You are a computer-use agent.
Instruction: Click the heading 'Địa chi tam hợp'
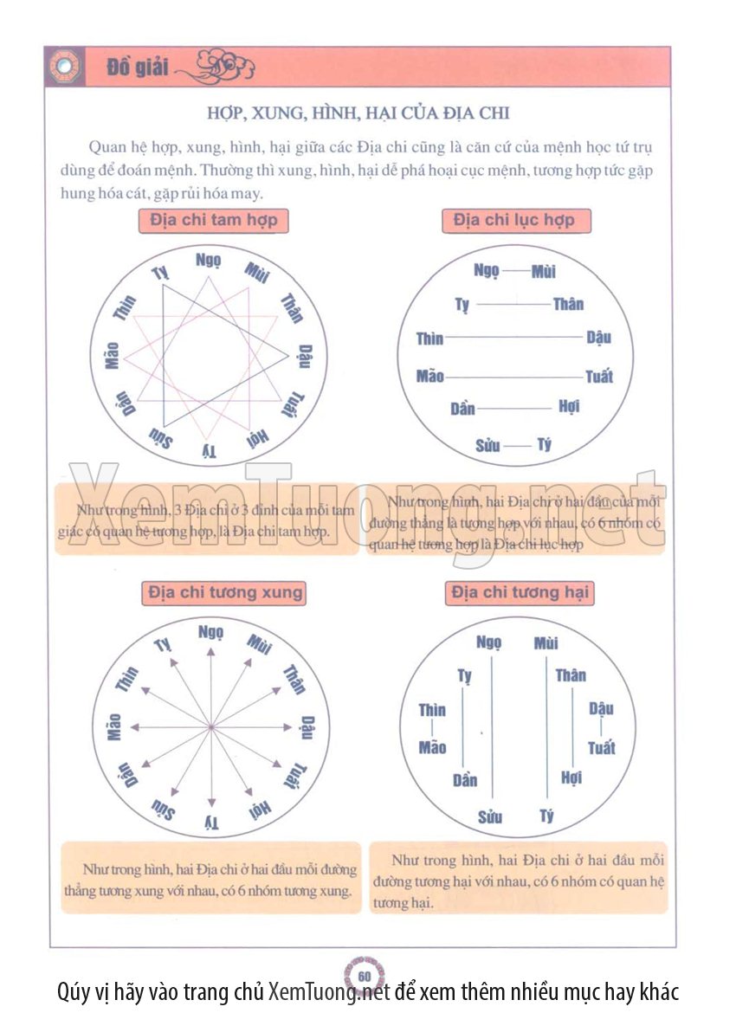[x=214, y=220]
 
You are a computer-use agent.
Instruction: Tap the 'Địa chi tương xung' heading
[x=225, y=593]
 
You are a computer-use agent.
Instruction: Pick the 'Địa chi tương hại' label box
[x=520, y=593]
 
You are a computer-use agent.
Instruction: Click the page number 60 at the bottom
[x=365, y=976]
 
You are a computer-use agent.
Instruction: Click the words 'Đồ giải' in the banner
[x=139, y=68]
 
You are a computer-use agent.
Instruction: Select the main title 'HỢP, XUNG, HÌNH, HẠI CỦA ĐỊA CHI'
[x=358, y=113]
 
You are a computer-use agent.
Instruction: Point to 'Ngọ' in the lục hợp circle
[x=487, y=271]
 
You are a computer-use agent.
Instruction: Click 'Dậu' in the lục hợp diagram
[x=598, y=337]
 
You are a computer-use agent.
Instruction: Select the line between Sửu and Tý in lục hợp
[x=517, y=446]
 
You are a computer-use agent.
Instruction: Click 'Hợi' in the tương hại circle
[x=571, y=777]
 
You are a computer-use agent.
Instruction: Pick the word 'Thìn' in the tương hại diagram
[x=432, y=710]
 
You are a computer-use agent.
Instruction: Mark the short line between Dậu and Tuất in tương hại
[x=601, y=728]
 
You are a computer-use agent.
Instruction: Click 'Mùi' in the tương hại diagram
[x=546, y=643]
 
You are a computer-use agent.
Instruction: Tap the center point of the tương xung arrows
[x=211, y=728]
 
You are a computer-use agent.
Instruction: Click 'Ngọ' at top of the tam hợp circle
[x=209, y=260]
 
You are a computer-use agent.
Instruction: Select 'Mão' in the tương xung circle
[x=113, y=727]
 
